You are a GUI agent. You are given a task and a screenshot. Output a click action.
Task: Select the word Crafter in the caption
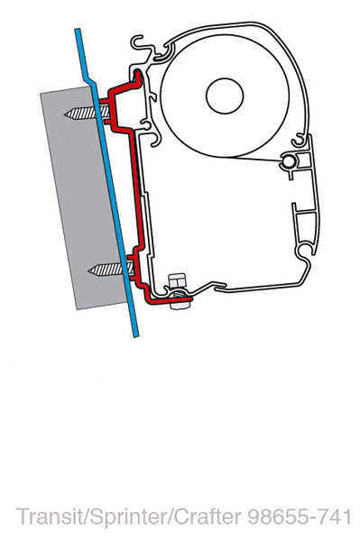tap(196, 518)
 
